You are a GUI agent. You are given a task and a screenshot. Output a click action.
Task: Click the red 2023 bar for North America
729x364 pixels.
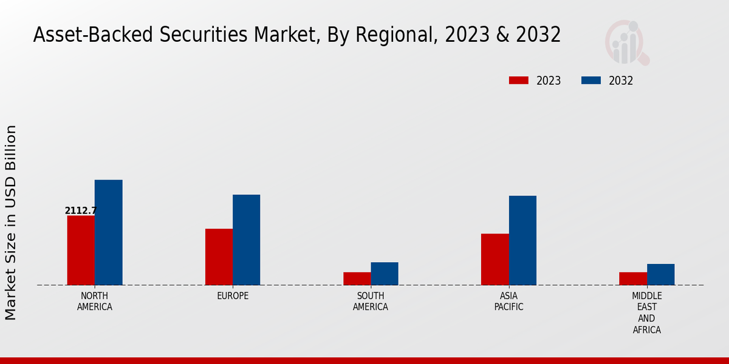point(81,250)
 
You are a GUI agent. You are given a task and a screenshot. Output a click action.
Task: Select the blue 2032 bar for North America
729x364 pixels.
point(108,232)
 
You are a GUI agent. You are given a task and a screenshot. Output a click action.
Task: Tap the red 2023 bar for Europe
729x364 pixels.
point(219,257)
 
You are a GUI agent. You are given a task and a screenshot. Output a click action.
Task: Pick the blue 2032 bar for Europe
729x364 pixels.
point(246,240)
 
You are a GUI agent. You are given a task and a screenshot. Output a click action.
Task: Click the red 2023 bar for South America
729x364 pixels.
point(357,278)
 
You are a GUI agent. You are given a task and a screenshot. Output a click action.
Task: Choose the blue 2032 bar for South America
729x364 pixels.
point(385,274)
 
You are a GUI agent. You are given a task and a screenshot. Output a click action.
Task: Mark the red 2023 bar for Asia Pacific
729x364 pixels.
point(495,259)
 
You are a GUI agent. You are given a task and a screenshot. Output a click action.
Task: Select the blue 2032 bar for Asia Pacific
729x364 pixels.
point(522,240)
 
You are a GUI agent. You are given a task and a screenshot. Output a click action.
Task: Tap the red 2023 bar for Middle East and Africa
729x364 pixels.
point(633,278)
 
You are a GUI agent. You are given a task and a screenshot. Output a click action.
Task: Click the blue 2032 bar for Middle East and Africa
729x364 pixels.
point(660,274)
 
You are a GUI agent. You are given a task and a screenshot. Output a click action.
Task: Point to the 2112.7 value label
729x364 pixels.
point(81,211)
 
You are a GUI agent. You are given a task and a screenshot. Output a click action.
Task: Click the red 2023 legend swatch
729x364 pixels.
point(519,81)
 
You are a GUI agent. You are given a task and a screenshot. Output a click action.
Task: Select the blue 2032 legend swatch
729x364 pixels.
point(591,81)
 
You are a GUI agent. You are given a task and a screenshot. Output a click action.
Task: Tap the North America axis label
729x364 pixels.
point(95,301)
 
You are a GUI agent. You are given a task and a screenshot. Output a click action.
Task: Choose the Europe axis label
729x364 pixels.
point(233,296)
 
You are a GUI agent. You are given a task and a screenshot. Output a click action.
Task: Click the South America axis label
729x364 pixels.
point(371,301)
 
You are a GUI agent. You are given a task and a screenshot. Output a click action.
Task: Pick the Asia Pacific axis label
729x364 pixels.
point(508,301)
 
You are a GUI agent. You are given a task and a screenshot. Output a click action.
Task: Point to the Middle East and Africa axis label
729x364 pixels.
point(646,312)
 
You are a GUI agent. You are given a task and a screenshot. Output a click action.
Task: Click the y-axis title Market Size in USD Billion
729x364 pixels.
point(11,222)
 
